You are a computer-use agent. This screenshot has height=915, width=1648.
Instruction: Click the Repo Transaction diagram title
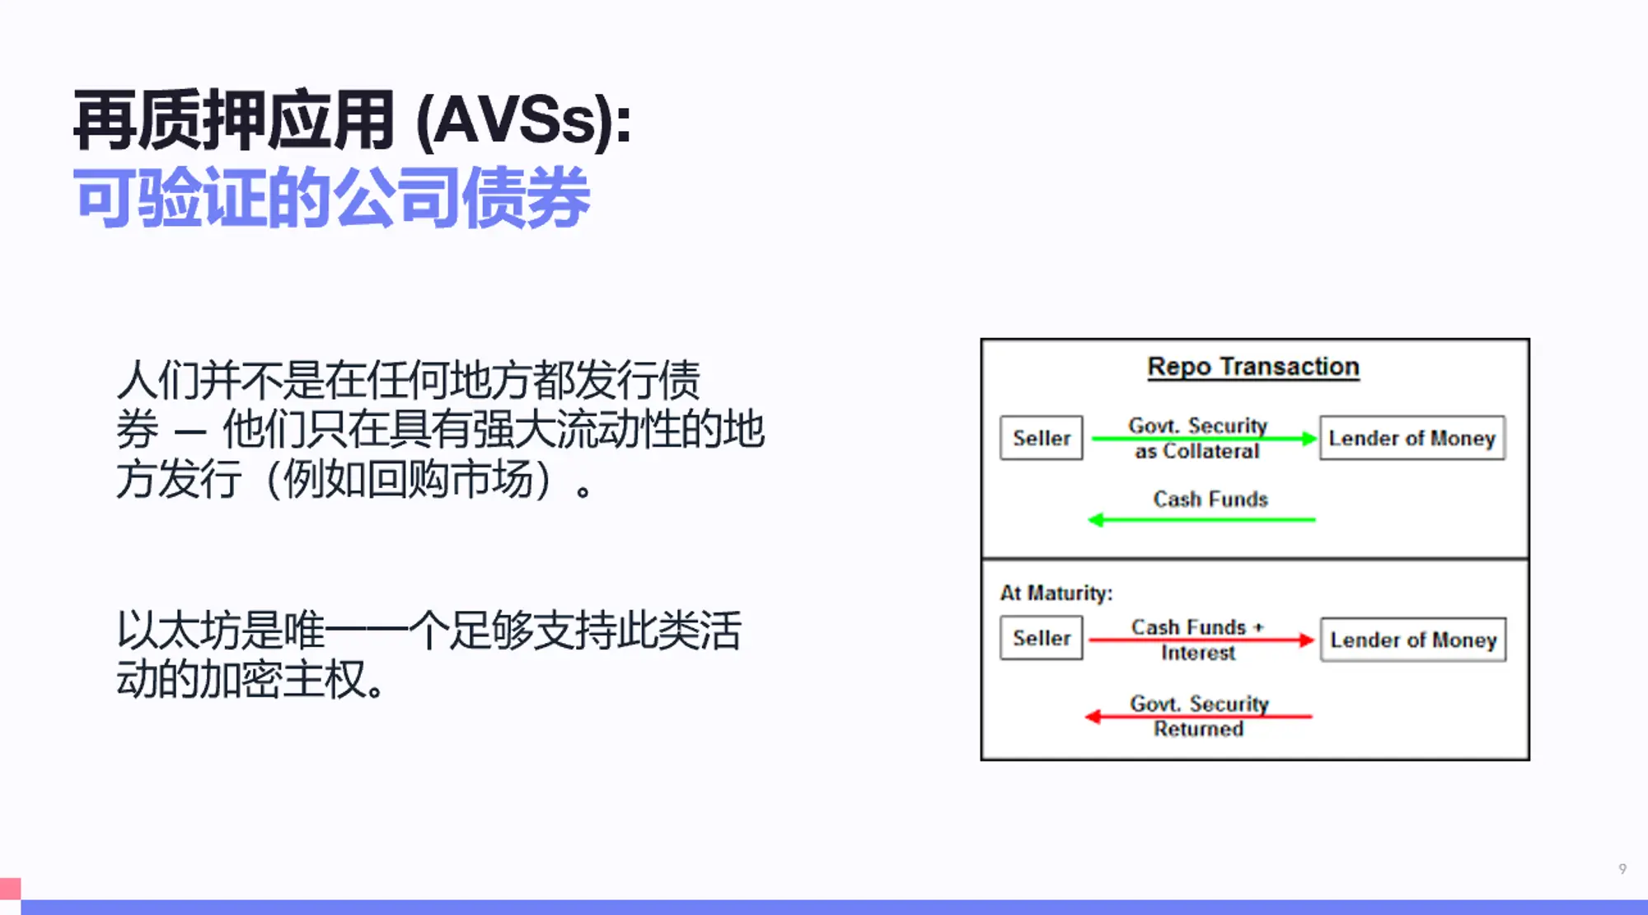coord(1252,367)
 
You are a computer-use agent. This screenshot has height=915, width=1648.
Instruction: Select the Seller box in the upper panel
coord(1042,438)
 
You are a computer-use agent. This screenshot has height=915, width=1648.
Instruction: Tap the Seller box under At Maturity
coord(1042,639)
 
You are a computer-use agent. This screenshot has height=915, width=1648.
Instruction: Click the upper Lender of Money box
coord(1412,438)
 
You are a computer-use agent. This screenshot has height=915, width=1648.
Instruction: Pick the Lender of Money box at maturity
coord(1413,640)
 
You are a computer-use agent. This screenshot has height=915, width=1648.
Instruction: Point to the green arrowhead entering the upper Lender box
coord(1309,439)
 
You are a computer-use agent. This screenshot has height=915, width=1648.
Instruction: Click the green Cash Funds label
coord(1210,500)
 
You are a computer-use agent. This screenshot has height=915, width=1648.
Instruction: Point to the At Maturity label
coord(1056,594)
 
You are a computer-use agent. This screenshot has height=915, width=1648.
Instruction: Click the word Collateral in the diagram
coord(1210,452)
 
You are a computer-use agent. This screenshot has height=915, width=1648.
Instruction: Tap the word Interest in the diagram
coord(1198,653)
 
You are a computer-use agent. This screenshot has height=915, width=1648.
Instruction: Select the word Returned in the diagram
coord(1198,730)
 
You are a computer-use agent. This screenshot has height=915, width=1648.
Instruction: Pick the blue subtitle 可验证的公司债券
coord(332,198)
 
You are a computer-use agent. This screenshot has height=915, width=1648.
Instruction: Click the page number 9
coord(1622,869)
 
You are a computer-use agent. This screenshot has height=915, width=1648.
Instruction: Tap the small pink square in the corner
coord(10,889)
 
